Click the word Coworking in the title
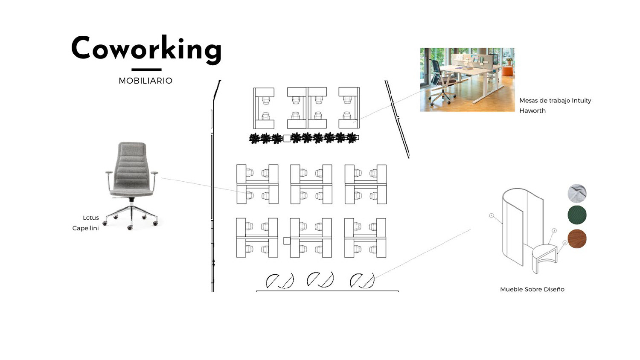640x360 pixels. [x=146, y=49]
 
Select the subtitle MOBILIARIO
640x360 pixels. [x=145, y=81]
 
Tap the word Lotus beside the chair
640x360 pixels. [x=91, y=218]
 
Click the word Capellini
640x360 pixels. [x=85, y=228]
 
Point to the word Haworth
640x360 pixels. [x=532, y=110]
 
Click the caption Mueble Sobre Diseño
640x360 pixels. [x=532, y=289]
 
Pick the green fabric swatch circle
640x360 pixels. [x=577, y=215]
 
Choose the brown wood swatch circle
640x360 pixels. [x=577, y=239]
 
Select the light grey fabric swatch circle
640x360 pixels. [x=577, y=193]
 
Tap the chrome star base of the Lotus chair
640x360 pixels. [x=131, y=215]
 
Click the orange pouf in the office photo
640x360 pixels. [x=507, y=71]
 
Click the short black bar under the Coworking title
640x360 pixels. [x=146, y=70]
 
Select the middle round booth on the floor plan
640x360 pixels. [x=320, y=280]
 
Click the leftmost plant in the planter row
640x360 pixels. [x=255, y=138]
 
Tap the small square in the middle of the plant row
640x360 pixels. [x=287, y=138]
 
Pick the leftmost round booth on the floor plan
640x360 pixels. [x=280, y=281]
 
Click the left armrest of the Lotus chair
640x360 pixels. [x=109, y=173]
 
